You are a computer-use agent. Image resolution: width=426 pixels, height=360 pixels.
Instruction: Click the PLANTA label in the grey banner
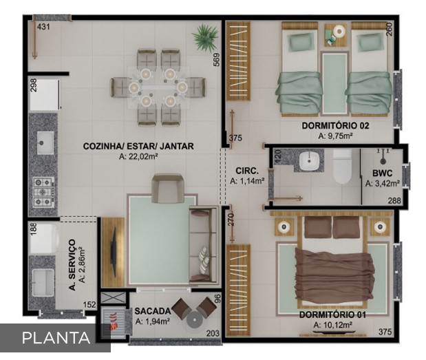point(56,338)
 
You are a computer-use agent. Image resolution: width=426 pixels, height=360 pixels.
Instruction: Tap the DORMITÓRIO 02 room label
point(335,126)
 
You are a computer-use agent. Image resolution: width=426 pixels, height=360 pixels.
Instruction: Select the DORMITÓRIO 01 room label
point(332,315)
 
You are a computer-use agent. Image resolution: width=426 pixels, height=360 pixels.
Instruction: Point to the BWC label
point(382,173)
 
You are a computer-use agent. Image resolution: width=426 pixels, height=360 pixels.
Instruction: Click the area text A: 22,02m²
point(138,156)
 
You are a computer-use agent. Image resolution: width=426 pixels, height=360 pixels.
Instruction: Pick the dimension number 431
point(43,27)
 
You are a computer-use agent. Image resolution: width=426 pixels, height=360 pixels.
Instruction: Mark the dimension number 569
point(217,59)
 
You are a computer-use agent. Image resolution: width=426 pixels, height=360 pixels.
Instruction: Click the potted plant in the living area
point(205,36)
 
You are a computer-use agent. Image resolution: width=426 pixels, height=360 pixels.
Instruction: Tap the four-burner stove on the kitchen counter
point(43,192)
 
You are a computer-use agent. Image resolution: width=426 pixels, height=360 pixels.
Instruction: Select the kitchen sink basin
point(45,142)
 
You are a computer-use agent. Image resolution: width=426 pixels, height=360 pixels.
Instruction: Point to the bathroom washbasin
point(309,161)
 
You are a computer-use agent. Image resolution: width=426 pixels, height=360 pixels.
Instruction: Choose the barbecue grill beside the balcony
point(114,321)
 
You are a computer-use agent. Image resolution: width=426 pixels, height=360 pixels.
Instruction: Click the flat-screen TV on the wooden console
point(114,252)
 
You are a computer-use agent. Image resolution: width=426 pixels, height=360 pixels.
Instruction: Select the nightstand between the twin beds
point(335,35)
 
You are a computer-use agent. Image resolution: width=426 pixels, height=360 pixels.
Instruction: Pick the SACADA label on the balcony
point(153,311)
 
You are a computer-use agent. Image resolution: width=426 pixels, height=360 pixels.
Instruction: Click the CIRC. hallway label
point(247,171)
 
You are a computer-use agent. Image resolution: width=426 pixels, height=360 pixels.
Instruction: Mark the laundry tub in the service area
point(43,283)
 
